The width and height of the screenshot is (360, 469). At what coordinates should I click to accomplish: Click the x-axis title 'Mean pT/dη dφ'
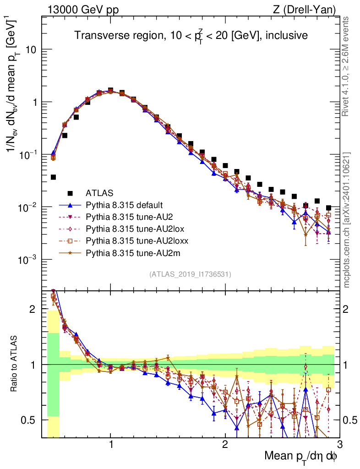(301, 456)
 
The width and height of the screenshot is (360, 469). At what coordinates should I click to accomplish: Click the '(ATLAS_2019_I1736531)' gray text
(190, 274)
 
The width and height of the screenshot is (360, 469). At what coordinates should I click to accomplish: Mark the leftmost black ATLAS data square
(53, 177)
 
